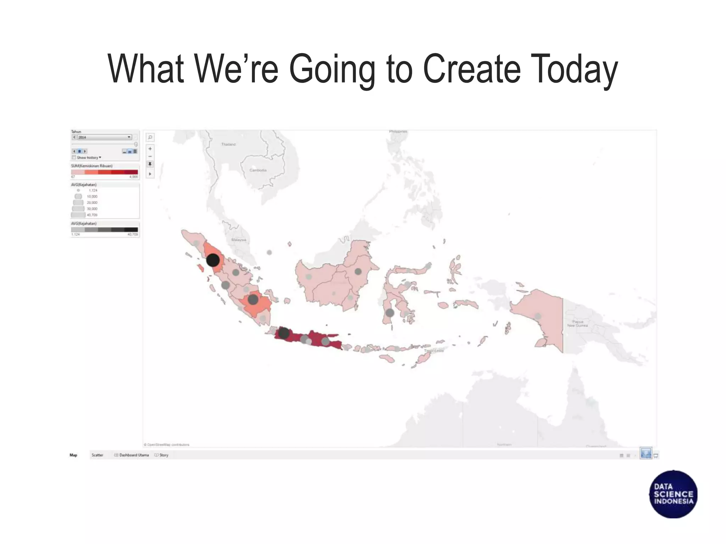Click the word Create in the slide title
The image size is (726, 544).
(471, 69)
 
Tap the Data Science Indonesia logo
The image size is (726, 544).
(673, 494)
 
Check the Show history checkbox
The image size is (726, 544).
(74, 157)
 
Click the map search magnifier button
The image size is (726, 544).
(150, 137)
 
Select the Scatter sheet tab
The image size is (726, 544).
(97, 455)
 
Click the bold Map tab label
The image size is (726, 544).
(73, 455)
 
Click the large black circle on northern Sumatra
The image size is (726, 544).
(213, 260)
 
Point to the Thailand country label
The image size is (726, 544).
(228, 144)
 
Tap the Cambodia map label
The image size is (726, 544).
(258, 170)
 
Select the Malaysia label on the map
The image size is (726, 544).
(239, 240)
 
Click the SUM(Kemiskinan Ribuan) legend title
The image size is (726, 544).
(92, 166)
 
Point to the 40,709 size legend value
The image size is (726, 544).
(92, 215)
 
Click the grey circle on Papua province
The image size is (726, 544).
(538, 316)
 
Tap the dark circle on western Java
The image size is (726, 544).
(284, 333)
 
